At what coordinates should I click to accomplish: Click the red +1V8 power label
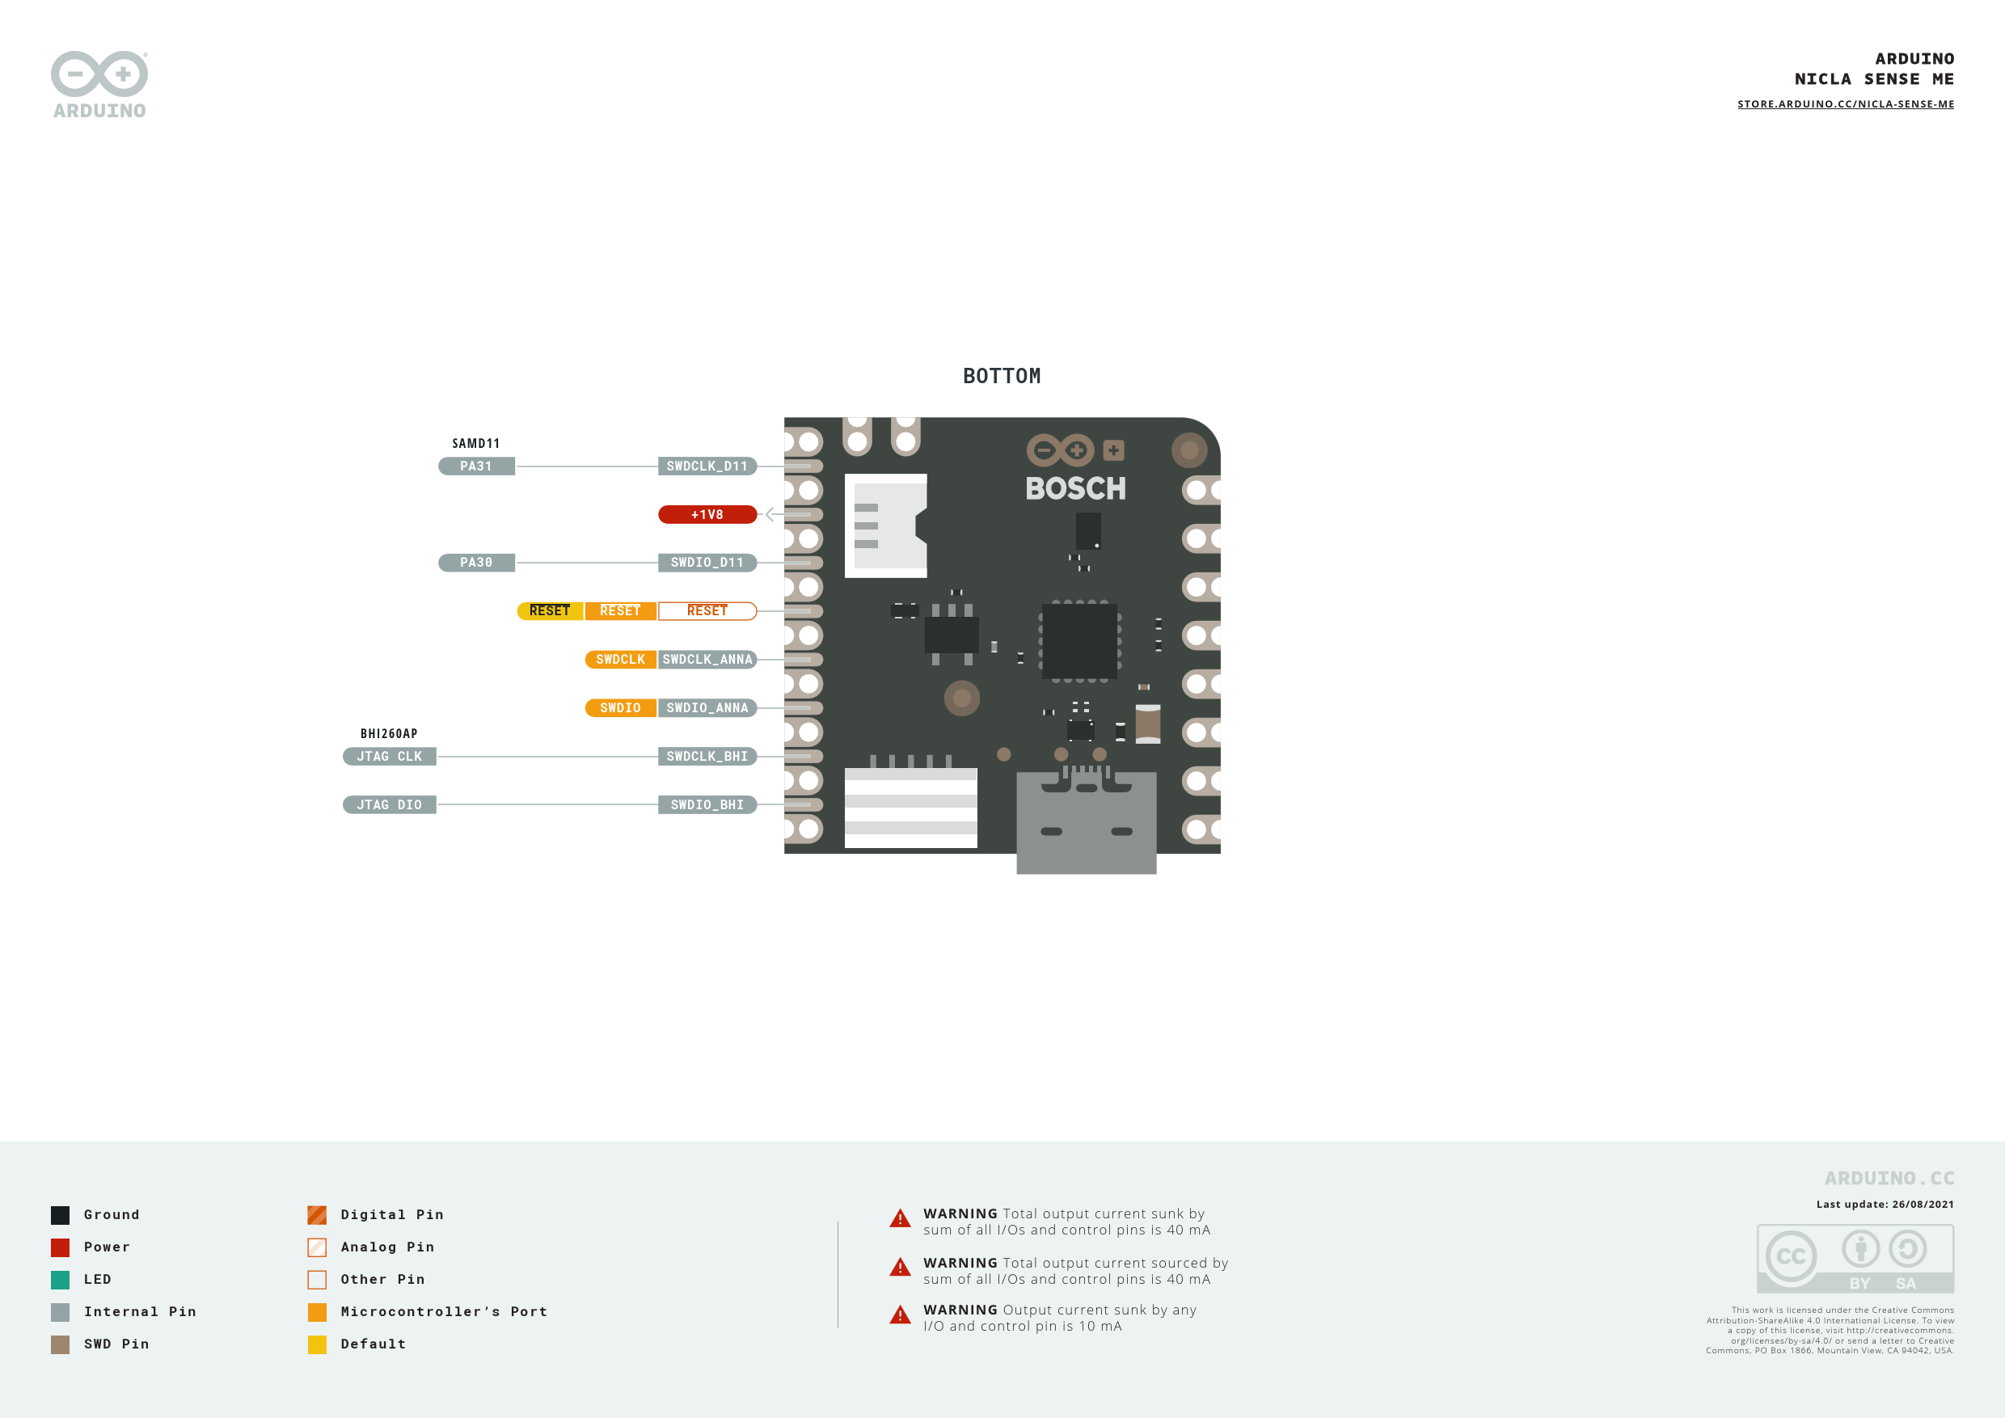(x=707, y=514)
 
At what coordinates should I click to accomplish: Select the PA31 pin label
(x=476, y=466)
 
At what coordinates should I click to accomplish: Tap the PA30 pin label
(x=476, y=563)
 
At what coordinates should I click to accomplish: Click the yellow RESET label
(x=549, y=610)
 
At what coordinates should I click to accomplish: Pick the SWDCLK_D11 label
(x=707, y=466)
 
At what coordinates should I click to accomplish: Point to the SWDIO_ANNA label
(x=707, y=707)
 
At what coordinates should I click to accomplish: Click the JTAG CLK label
(x=390, y=756)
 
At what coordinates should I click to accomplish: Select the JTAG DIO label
(x=390, y=804)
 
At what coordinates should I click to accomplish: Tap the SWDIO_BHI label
(x=707, y=804)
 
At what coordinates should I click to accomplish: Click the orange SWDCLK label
(x=620, y=659)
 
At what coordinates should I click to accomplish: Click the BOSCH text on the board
(x=1076, y=488)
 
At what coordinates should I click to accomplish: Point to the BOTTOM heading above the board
(x=1002, y=377)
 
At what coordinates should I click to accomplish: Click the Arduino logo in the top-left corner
(x=99, y=84)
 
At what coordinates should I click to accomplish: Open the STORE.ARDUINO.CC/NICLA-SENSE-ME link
(x=1845, y=104)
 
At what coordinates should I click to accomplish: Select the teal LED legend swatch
(x=61, y=1279)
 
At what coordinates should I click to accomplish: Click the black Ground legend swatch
(x=61, y=1214)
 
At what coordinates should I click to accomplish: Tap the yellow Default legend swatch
(x=317, y=1344)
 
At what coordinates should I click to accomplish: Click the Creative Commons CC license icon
(x=1790, y=1256)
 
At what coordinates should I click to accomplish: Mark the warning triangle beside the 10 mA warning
(x=900, y=1315)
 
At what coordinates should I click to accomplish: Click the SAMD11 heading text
(x=476, y=444)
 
